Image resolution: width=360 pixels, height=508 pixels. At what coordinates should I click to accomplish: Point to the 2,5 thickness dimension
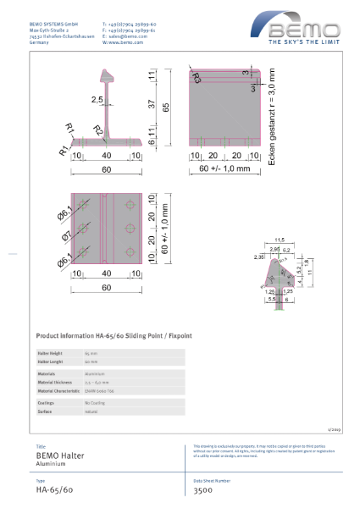pyautogui.click(x=98, y=99)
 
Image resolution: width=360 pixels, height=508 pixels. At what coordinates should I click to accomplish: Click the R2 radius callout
pyautogui.click(x=98, y=129)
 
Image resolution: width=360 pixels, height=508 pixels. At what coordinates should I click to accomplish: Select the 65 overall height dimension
pyautogui.click(x=166, y=108)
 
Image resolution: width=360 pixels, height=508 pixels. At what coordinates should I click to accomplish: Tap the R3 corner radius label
pyautogui.click(x=197, y=79)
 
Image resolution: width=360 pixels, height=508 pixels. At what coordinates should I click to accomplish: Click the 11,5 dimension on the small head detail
pyautogui.click(x=279, y=240)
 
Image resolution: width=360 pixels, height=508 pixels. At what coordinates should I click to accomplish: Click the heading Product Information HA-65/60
pyautogui.click(x=114, y=335)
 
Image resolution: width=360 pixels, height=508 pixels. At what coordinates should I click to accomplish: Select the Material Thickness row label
pyautogui.click(x=56, y=383)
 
